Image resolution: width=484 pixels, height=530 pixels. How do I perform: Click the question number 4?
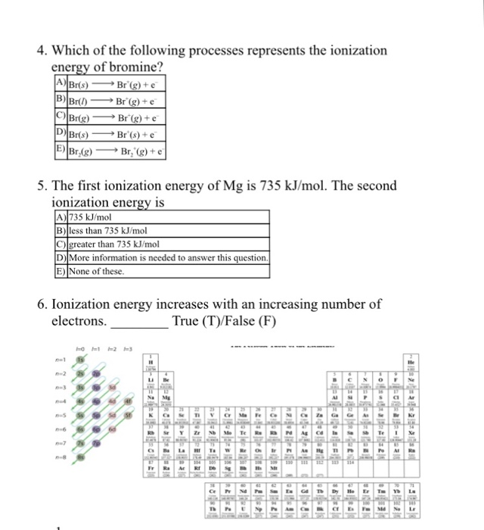[42, 51]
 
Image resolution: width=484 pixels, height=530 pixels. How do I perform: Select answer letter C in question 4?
[58, 118]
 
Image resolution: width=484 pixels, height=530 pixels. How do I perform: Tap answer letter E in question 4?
[58, 150]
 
